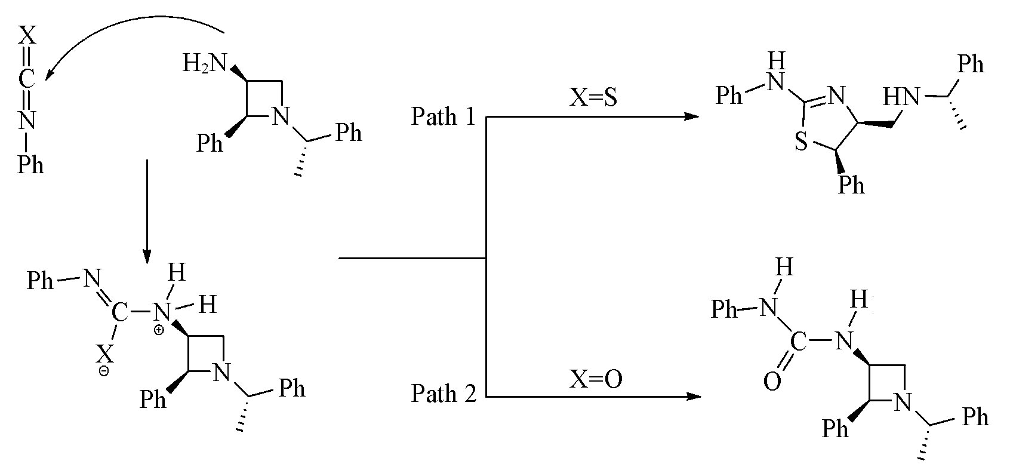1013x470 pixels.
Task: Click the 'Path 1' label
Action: pyautogui.click(x=443, y=116)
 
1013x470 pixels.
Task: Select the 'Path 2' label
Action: pyautogui.click(x=443, y=394)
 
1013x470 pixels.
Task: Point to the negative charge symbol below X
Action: pyautogui.click(x=104, y=371)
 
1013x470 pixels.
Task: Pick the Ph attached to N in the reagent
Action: pyautogui.click(x=30, y=164)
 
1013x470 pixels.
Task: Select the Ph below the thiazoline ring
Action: pyautogui.click(x=851, y=185)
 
